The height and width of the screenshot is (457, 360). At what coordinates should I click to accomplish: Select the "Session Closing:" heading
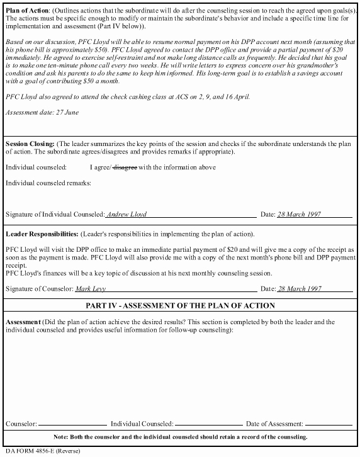29,144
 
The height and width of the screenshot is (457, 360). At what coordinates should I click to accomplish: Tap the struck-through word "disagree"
125,167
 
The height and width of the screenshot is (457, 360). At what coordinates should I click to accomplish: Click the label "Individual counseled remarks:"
48,183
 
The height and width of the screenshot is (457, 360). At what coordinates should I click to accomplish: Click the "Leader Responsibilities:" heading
42,234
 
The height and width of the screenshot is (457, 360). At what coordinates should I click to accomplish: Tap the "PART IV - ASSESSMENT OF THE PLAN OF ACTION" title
180,306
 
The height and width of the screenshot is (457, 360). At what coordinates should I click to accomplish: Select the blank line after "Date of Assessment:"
328,424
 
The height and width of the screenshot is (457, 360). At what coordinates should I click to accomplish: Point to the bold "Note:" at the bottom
61,437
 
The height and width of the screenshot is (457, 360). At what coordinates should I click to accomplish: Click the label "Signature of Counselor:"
40,289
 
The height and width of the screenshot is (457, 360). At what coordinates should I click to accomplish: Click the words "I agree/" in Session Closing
101,167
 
